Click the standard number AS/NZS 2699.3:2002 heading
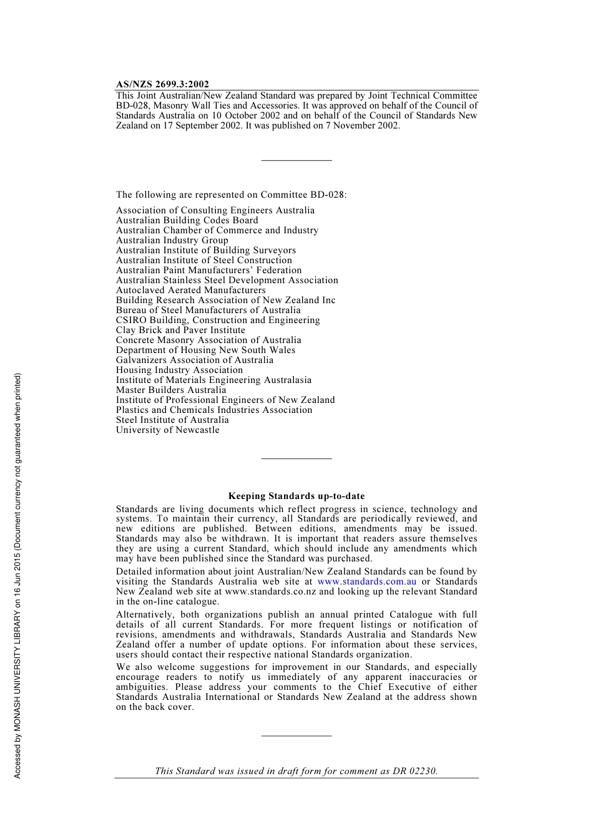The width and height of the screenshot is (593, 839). (162, 84)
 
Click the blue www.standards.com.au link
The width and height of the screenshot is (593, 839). (366, 581)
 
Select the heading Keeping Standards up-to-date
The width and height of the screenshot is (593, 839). (296, 497)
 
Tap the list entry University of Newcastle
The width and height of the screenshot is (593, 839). (167, 430)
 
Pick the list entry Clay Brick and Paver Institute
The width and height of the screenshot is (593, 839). (180, 330)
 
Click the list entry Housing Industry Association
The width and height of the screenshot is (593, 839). (179, 370)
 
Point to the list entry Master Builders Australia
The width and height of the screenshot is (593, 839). (171, 390)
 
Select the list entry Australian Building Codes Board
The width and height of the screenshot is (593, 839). (187, 220)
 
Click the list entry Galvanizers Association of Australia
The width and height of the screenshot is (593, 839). (194, 360)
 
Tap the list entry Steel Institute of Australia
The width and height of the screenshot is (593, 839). (172, 420)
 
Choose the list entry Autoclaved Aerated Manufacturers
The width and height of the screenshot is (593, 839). (190, 290)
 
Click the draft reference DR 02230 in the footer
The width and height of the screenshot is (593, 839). (414, 771)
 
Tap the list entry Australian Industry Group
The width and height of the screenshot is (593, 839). (172, 240)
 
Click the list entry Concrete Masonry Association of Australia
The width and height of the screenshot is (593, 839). (208, 340)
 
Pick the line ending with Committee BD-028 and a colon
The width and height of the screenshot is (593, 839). (231, 195)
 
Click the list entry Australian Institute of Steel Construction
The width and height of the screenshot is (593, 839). (203, 260)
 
